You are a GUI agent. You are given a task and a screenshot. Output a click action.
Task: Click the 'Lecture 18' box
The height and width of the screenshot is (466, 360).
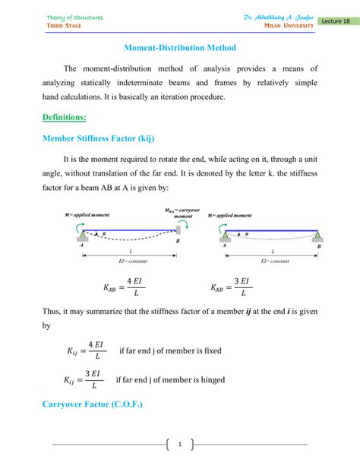coord(336,21)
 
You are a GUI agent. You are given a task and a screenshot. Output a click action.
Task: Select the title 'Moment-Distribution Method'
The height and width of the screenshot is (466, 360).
coord(180,48)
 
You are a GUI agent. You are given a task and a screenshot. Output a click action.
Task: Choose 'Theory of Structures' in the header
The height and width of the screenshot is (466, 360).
coord(74,16)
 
